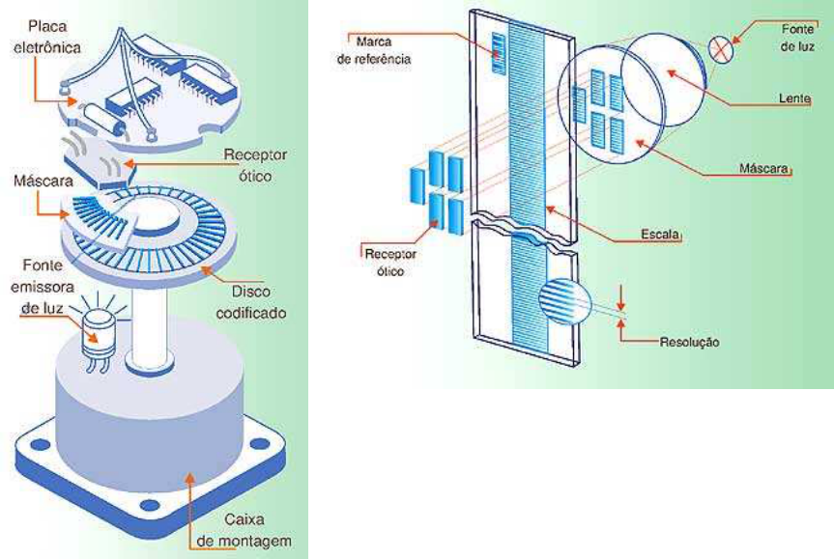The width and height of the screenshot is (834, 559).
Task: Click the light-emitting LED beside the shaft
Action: pyautogui.click(x=101, y=334)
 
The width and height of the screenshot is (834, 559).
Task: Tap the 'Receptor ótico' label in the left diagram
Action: pyautogui.click(x=254, y=164)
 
